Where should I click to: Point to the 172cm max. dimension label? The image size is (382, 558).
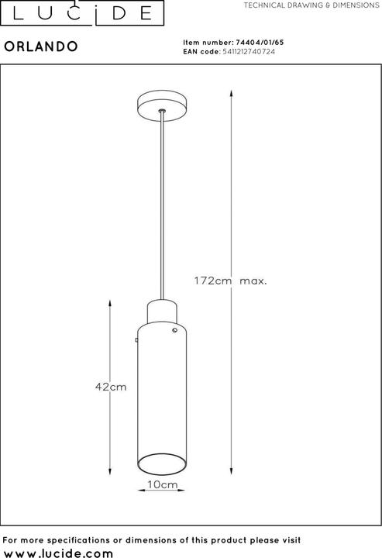pos(229,281)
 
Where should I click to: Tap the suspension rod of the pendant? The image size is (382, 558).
pos(161,209)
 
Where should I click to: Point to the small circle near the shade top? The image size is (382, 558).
pos(175,331)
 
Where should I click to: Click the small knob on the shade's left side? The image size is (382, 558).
pos(136,339)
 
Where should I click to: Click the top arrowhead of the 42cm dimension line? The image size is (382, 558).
pos(112,301)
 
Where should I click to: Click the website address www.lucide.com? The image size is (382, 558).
pos(58,551)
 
